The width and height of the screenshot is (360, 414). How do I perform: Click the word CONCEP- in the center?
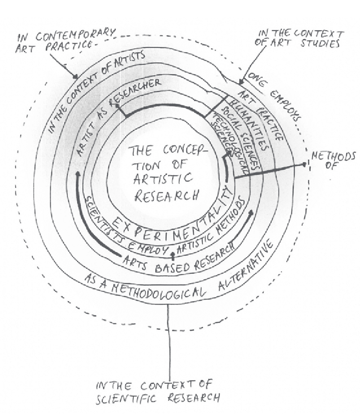coord(183,151)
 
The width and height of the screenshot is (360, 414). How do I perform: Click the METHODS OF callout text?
coord(335,160)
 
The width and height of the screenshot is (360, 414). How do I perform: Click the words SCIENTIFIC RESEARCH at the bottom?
coord(158,397)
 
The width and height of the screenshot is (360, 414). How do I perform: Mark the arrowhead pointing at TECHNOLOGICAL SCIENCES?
coord(225,158)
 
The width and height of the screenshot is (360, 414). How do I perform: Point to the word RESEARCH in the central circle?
coord(166,195)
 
